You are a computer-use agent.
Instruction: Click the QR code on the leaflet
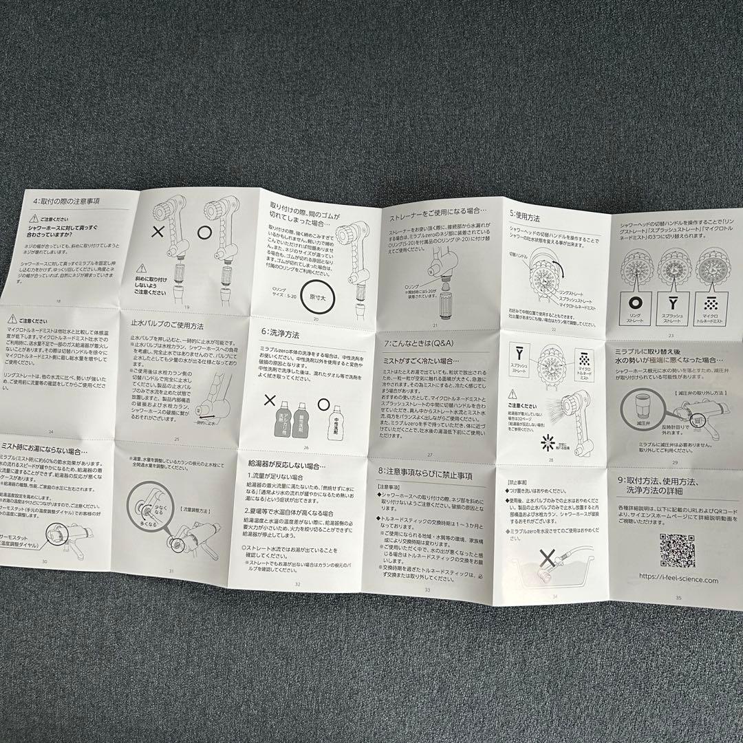click(x=677, y=549)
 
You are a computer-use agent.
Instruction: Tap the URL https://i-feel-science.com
click(x=678, y=580)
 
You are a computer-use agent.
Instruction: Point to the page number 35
click(x=678, y=598)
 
